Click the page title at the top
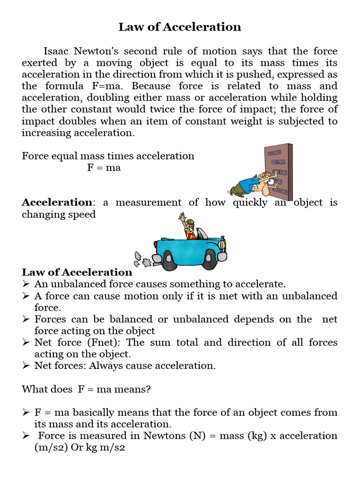click(x=180, y=27)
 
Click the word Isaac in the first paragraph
click(x=57, y=51)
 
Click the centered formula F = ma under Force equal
click(x=104, y=167)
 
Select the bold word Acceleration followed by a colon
click(x=57, y=202)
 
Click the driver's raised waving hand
click(x=182, y=217)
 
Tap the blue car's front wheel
click(x=209, y=259)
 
